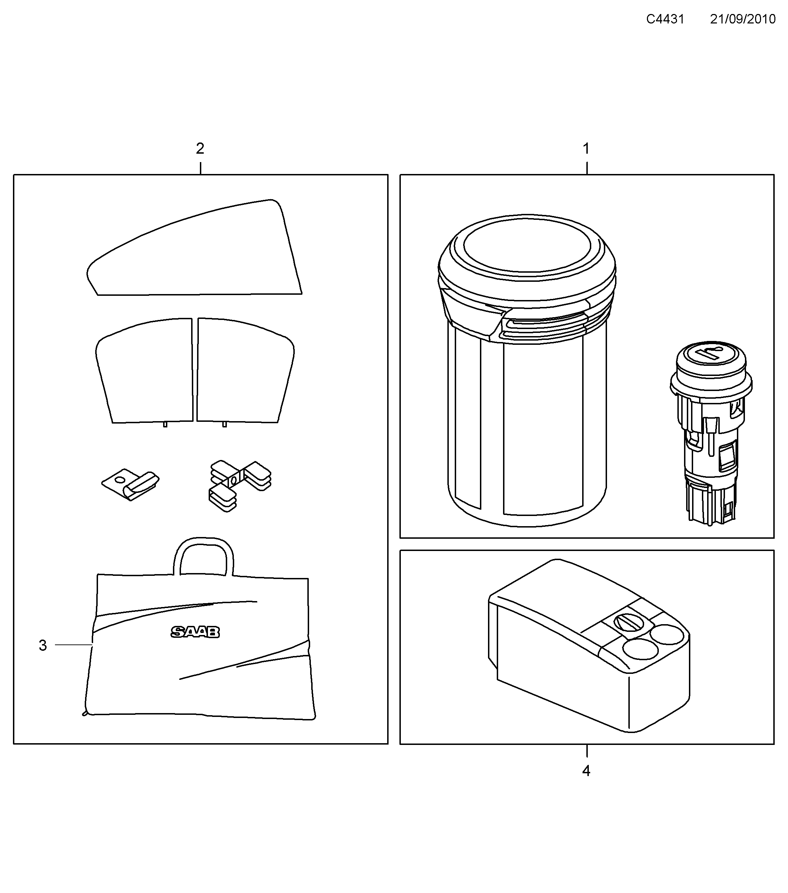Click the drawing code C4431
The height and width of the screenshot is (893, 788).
click(x=665, y=19)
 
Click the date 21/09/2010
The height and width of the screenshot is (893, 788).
click(x=742, y=19)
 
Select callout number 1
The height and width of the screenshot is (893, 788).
click(x=586, y=149)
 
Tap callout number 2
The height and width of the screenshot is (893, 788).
click(x=200, y=149)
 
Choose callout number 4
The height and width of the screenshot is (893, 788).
click(x=586, y=771)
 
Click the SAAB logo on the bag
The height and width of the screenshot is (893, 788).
click(x=195, y=632)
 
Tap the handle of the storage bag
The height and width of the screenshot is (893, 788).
click(x=203, y=552)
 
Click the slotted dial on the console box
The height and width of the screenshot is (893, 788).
click(x=627, y=622)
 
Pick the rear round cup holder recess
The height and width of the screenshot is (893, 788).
click(x=668, y=635)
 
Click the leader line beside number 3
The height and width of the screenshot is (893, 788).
click(x=74, y=645)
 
